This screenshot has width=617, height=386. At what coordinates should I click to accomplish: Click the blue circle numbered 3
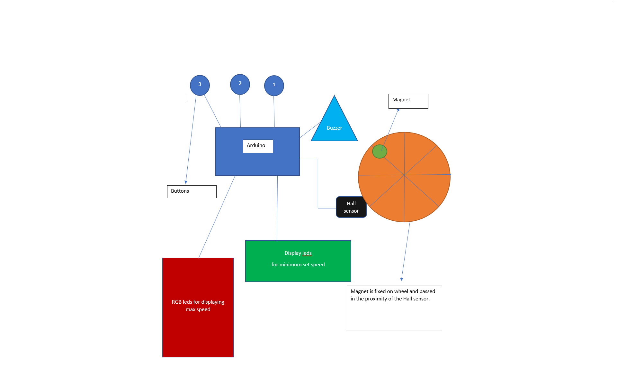[x=200, y=85]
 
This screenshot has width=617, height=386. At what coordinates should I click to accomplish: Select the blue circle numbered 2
[x=240, y=84]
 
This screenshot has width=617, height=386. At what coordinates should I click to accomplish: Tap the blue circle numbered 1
[x=274, y=86]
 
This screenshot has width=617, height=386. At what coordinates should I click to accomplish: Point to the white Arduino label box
[x=258, y=146]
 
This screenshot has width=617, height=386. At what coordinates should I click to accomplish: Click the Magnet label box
[x=408, y=101]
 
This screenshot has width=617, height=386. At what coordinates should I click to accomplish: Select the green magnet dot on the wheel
[x=380, y=152]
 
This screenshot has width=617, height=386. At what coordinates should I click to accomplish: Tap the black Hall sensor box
[x=351, y=207]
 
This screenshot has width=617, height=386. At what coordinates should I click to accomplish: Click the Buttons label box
[x=192, y=192]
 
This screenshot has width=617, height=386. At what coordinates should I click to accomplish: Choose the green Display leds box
[x=298, y=261]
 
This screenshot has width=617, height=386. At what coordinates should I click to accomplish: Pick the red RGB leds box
[x=198, y=308]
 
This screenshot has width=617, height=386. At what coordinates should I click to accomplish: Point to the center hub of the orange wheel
[x=404, y=175]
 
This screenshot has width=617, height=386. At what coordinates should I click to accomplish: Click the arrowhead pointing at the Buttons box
[x=186, y=182]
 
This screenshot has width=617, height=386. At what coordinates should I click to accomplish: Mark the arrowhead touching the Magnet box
[x=398, y=110]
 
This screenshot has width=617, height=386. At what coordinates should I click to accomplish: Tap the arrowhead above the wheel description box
[x=401, y=279]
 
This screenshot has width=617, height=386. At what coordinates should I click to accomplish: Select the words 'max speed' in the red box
[x=198, y=309]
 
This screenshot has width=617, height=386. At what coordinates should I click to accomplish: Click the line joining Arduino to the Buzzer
[x=310, y=130]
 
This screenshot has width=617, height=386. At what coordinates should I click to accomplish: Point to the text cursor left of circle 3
[x=186, y=97]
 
